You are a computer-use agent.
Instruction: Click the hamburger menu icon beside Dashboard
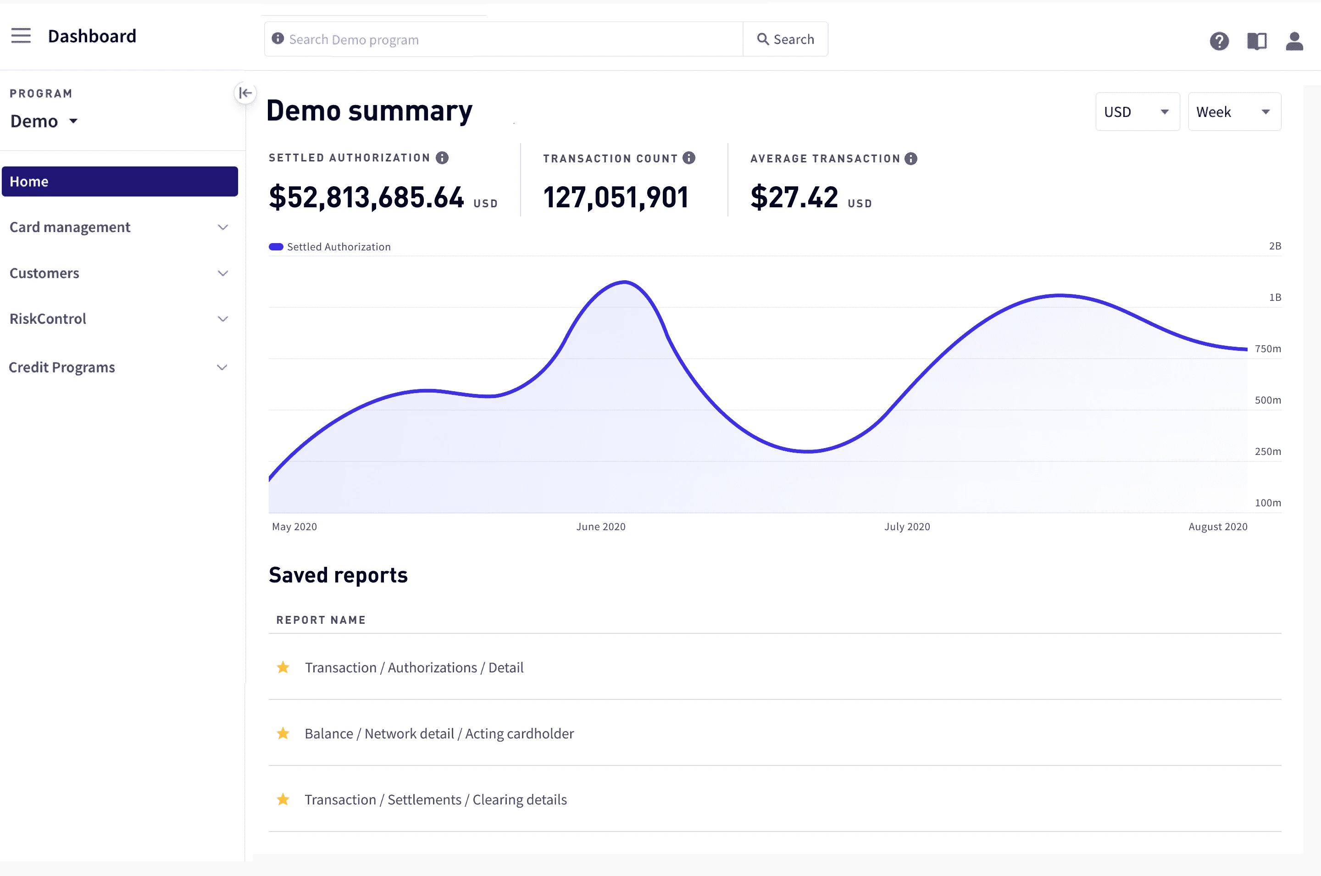coord(21,36)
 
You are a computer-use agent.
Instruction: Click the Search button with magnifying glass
coord(785,39)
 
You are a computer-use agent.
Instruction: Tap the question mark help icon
coord(1219,41)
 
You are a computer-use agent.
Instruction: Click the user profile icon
coord(1294,41)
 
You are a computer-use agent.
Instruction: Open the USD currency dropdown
coord(1137,112)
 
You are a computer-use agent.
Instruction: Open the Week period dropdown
coord(1234,112)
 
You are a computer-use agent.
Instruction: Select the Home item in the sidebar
coord(120,182)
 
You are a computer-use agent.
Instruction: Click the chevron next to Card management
coord(223,227)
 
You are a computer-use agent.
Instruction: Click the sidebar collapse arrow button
coord(245,93)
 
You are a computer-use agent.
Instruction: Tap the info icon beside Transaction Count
coord(688,158)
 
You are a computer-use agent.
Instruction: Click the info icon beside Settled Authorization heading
coord(442,158)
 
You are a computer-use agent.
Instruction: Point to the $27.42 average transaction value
coord(794,197)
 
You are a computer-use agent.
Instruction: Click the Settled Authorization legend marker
coord(276,247)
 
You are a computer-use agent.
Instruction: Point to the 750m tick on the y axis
coord(1267,349)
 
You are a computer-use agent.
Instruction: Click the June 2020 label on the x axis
coord(600,526)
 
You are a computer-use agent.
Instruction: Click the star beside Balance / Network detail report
coord(283,733)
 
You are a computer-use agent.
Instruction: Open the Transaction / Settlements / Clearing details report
coord(436,799)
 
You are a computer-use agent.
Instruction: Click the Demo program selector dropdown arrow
coord(73,121)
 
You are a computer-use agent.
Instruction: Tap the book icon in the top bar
coord(1257,41)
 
